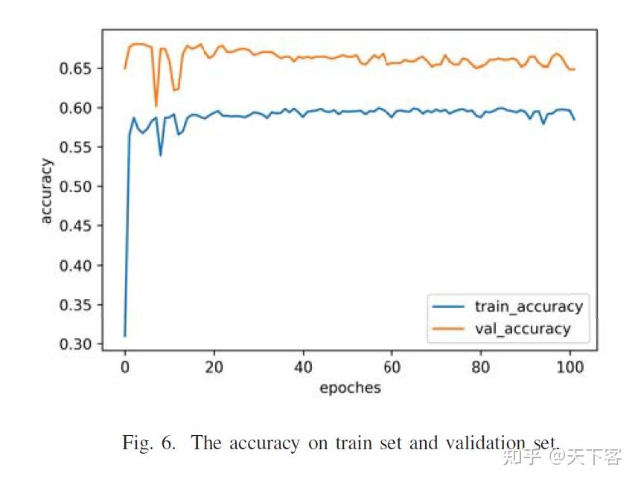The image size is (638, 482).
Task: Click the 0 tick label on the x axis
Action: click(125, 367)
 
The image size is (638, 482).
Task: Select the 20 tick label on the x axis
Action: click(214, 367)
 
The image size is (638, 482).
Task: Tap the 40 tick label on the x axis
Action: click(303, 367)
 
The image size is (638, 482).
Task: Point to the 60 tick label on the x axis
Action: click(392, 367)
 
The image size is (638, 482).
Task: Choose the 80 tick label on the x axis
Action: click(481, 367)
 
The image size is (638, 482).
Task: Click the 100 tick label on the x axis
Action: click(570, 367)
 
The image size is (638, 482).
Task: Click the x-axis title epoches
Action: click(349, 388)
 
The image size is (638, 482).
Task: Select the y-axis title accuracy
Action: click(46, 190)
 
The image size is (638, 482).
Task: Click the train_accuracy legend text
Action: click(529, 306)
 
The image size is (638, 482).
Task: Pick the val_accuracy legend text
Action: click(522, 328)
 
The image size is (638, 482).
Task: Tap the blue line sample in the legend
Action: click(448, 306)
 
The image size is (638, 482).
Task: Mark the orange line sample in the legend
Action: click(448, 329)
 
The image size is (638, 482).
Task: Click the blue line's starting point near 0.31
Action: click(125, 335)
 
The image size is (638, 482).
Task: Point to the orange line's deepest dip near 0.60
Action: click(156, 106)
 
